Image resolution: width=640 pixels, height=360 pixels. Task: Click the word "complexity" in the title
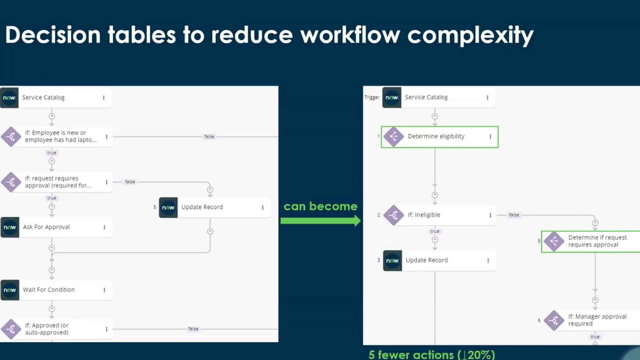(470, 36)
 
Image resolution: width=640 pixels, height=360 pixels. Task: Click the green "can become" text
(320, 206)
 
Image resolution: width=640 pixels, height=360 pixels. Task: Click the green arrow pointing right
(320, 221)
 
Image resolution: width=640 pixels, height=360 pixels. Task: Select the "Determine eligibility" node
(440, 137)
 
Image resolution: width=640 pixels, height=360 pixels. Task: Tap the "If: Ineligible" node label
(424, 215)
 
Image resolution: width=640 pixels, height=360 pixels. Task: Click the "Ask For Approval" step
(57, 227)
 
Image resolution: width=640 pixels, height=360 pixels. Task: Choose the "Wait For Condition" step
(57, 290)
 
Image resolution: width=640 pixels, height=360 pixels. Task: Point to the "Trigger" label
(372, 98)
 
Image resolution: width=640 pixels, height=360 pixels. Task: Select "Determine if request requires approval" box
(591, 241)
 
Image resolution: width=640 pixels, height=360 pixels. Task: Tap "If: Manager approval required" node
(592, 320)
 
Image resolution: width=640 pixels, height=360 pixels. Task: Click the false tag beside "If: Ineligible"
(514, 215)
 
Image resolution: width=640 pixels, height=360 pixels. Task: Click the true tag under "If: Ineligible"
(435, 231)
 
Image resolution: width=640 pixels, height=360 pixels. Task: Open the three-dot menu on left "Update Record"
(262, 207)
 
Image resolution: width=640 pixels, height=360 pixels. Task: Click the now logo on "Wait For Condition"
(10, 290)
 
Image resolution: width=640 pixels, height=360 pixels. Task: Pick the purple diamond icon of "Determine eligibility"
(393, 137)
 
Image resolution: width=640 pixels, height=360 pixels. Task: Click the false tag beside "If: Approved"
(193, 329)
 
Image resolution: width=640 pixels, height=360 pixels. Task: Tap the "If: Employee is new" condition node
(57, 137)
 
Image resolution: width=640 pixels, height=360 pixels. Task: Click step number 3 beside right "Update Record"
(378, 260)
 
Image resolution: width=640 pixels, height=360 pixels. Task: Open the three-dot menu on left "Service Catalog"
(104, 98)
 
